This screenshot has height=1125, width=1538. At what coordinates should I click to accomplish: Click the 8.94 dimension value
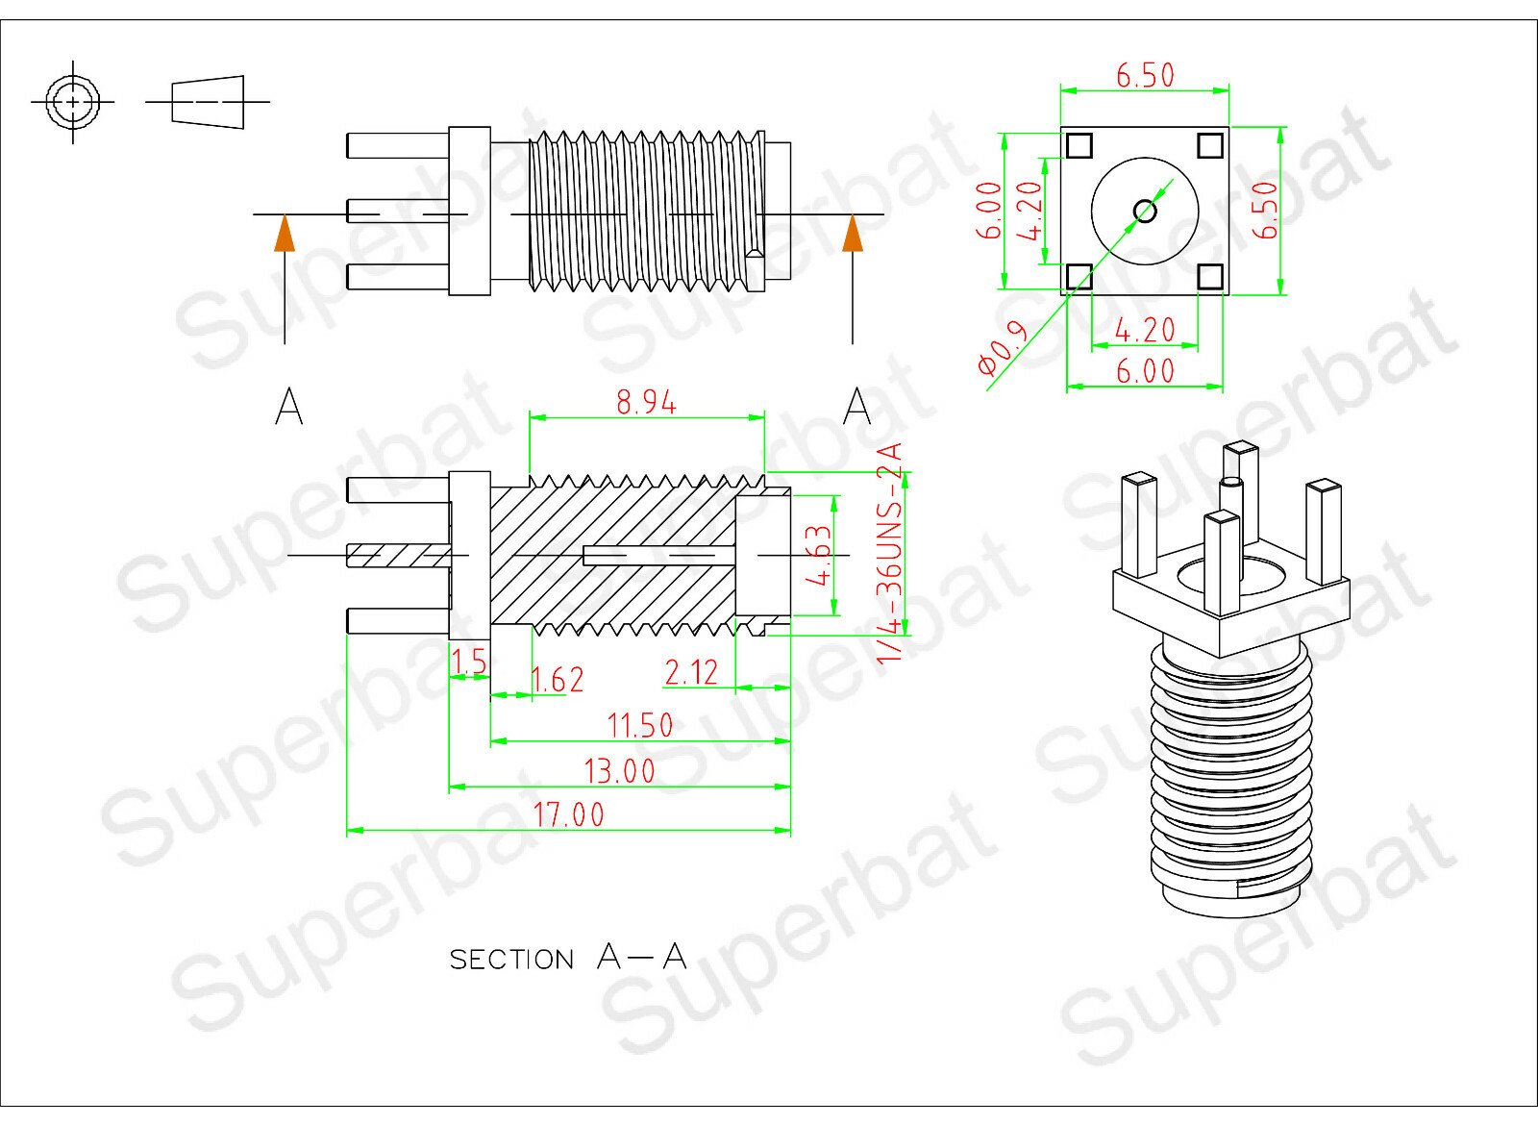coord(646,402)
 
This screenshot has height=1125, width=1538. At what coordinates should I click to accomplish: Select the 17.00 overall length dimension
coord(568,815)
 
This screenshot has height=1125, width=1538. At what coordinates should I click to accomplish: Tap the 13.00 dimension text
coord(619,771)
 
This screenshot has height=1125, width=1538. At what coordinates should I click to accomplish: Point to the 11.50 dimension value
coord(639,726)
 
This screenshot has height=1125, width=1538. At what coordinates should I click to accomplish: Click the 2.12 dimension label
coord(691,672)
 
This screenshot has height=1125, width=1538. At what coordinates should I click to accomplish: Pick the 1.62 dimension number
coord(558,681)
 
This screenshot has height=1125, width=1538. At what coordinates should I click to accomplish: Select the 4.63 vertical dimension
coord(818,555)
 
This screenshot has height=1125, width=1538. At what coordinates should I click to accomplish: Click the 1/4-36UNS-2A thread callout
coord(890,553)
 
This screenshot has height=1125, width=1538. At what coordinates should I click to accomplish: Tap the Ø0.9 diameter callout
coord(1003,348)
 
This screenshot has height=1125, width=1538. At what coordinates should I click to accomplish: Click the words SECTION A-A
coord(567,958)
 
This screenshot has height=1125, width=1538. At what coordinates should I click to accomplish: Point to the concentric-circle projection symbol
coord(73,101)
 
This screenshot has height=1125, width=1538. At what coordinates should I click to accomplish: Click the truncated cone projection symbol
coord(208,101)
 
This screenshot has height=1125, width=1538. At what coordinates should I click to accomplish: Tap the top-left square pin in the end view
coord(1079,145)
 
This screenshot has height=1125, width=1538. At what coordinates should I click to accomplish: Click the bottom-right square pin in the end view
coord(1210,277)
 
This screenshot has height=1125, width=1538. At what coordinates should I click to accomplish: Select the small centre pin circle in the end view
coord(1145,211)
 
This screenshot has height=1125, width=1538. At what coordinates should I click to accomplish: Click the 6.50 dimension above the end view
coord(1145,75)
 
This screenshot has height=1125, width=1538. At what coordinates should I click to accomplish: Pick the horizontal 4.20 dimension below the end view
coord(1145,331)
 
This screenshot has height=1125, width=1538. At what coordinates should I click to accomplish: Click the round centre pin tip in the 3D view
coord(1231,484)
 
